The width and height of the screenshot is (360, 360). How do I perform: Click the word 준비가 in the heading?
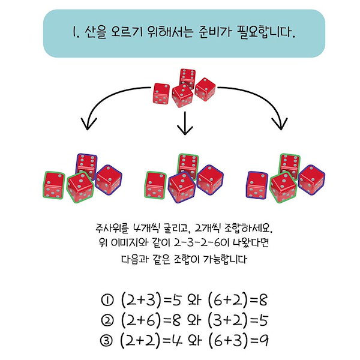[x=214, y=32]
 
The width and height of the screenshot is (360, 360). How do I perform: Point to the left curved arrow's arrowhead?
[x=89, y=124]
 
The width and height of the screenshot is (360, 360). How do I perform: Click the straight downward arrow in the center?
[x=185, y=123]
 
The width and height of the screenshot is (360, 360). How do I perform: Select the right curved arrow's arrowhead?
[x=280, y=124]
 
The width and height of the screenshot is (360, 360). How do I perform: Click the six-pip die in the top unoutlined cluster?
[x=188, y=78]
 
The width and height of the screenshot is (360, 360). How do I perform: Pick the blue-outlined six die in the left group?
[x=86, y=166]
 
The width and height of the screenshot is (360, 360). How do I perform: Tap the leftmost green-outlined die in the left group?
[x=54, y=185]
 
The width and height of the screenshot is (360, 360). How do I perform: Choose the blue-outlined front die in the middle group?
[x=182, y=187]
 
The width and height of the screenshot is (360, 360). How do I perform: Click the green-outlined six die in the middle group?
[x=188, y=166]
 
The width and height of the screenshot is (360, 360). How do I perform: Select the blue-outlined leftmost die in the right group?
[x=257, y=185]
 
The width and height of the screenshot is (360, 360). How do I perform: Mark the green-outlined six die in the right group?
[x=290, y=166]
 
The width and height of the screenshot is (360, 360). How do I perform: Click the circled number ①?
[x=107, y=300]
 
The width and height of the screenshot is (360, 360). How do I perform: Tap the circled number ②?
[x=107, y=320]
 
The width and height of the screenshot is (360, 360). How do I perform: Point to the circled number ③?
[x=106, y=340]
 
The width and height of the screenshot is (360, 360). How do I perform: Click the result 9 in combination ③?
[x=263, y=341]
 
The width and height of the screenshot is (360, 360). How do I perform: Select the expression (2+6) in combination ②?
[x=140, y=320]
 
